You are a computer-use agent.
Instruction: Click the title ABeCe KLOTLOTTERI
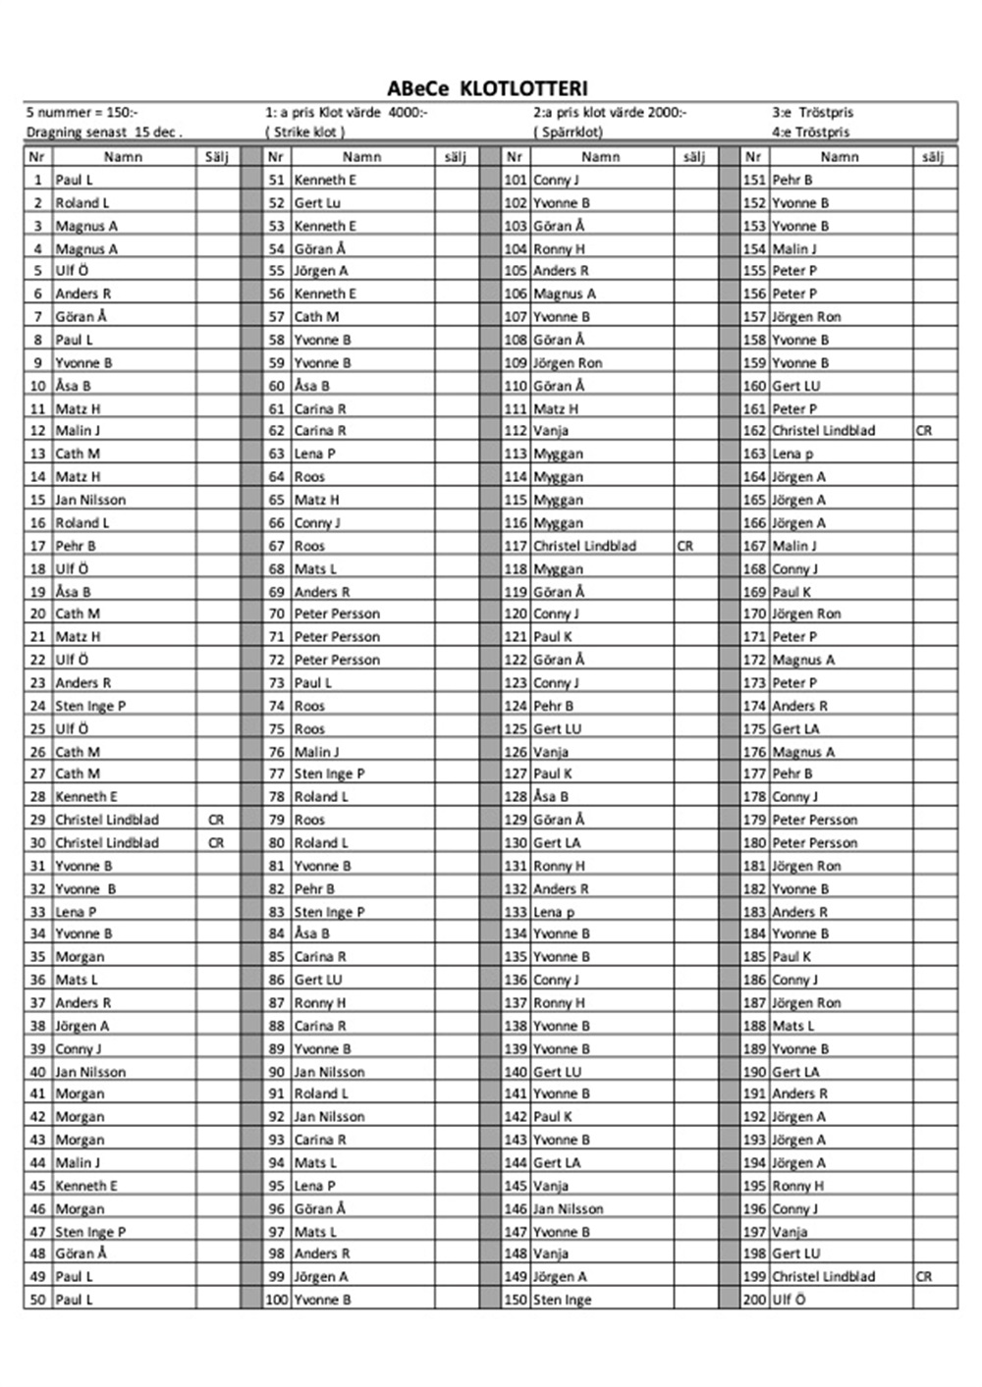487,88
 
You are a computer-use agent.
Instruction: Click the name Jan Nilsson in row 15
90,500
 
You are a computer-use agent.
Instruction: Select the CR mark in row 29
216,820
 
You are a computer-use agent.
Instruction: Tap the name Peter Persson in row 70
337,613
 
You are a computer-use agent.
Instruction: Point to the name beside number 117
584,546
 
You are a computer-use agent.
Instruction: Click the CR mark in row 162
924,431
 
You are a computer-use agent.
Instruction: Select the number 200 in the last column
754,1300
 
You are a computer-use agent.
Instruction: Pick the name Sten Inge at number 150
563,1300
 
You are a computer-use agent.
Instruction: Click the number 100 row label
277,1300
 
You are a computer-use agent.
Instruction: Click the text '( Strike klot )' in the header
305,132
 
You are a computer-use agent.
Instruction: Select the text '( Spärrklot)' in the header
569,132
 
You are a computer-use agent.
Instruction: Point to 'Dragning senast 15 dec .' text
104,132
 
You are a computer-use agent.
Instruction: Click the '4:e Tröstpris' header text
811,132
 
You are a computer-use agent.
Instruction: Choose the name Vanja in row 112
551,431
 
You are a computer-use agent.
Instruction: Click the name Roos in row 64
309,477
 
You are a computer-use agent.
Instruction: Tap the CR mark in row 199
924,1277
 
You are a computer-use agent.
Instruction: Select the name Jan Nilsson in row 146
569,1208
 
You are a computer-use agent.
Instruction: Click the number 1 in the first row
38,180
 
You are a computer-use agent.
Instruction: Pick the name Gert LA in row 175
795,728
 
